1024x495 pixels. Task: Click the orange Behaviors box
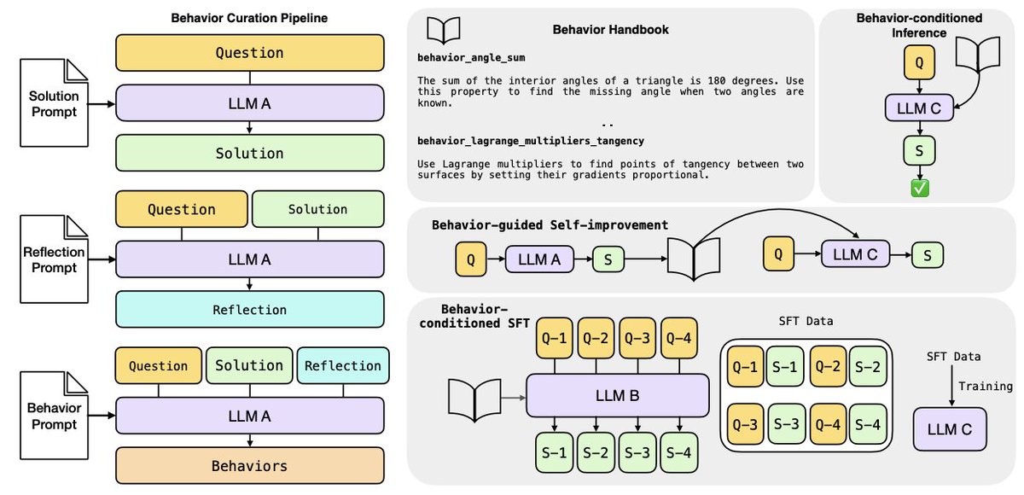[x=249, y=466]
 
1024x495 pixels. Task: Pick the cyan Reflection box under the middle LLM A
[x=249, y=309]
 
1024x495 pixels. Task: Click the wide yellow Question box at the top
[x=249, y=53]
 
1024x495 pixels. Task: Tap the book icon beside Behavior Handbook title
[x=444, y=31]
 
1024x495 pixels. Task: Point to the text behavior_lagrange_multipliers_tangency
[x=531, y=140]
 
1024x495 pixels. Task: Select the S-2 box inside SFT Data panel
[x=868, y=368]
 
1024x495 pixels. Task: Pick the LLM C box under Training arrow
[x=949, y=429]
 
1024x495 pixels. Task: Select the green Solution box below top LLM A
[x=249, y=154]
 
